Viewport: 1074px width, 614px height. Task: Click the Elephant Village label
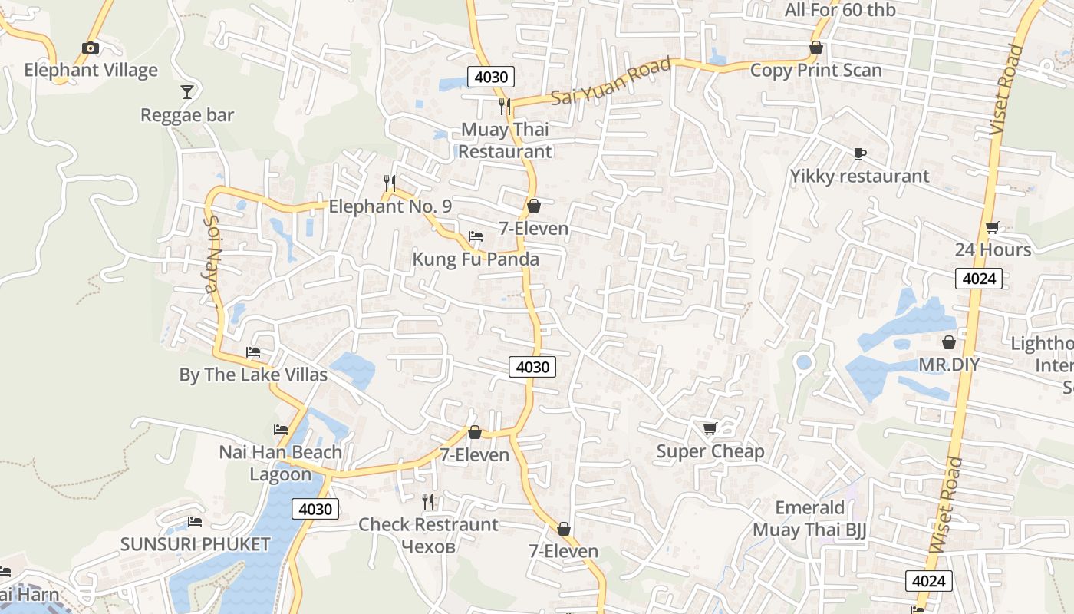[91, 70]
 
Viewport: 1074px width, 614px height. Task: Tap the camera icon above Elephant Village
[91, 48]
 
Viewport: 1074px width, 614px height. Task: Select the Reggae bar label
[187, 115]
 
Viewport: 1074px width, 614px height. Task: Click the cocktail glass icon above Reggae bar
[187, 92]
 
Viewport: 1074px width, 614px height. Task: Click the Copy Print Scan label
[815, 70]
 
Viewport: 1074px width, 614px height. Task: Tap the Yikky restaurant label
[859, 176]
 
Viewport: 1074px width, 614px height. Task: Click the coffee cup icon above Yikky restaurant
[859, 153]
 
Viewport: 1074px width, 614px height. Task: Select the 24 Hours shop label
[993, 249]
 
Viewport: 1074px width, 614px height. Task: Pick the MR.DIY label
[949, 365]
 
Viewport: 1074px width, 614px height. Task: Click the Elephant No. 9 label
[390, 206]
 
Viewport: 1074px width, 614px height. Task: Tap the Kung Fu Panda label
[476, 259]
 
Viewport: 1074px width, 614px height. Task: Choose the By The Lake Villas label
[253, 375]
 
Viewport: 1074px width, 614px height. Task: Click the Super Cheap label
[710, 451]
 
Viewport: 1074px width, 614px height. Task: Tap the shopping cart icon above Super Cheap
[710, 428]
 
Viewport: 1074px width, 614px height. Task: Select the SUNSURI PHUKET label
[195, 544]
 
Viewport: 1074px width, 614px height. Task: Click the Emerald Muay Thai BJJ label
[809, 518]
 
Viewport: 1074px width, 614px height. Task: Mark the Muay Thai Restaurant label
[505, 140]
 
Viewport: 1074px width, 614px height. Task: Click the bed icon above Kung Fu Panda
[476, 236]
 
